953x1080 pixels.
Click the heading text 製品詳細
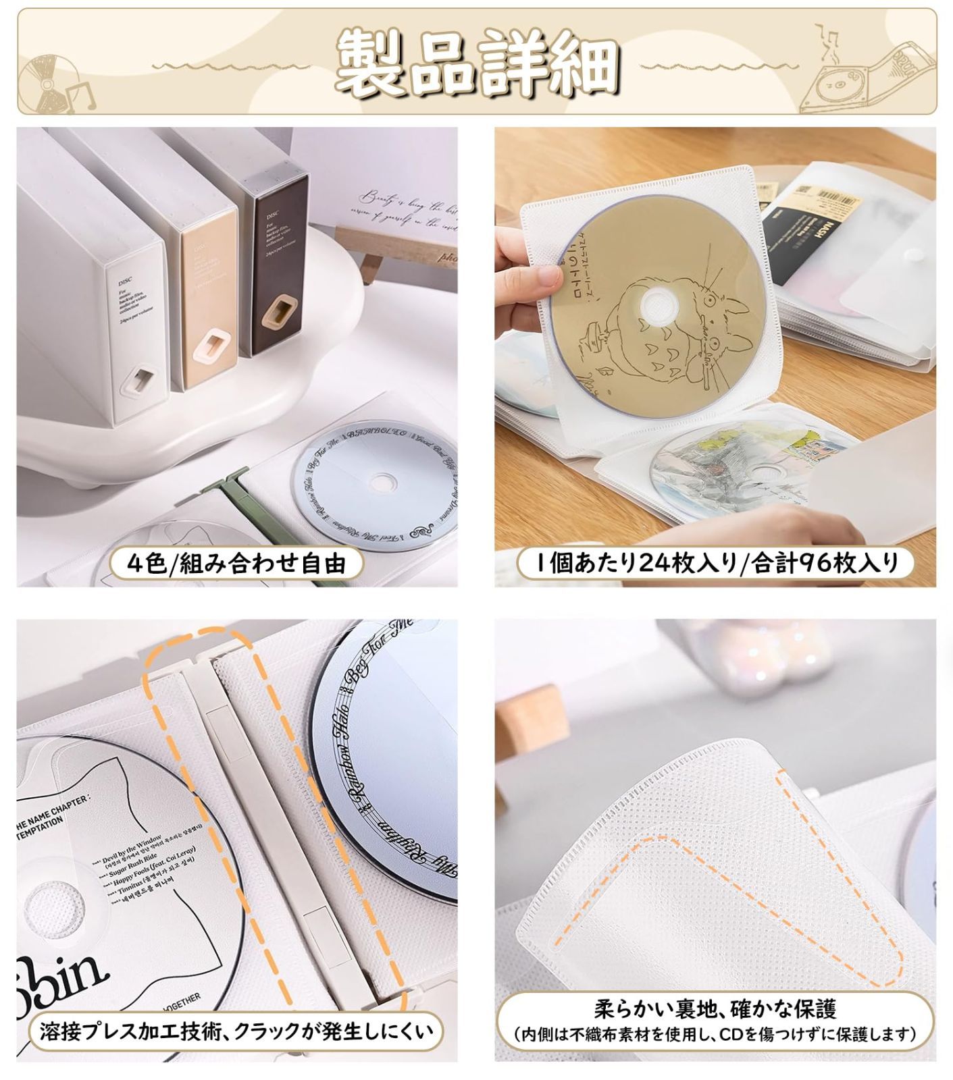[477, 62]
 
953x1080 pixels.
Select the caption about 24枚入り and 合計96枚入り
[715, 562]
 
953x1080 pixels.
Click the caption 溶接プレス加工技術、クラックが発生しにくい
[236, 1031]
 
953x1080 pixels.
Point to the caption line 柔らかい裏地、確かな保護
[715, 1008]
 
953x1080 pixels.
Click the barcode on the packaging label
[835, 196]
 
